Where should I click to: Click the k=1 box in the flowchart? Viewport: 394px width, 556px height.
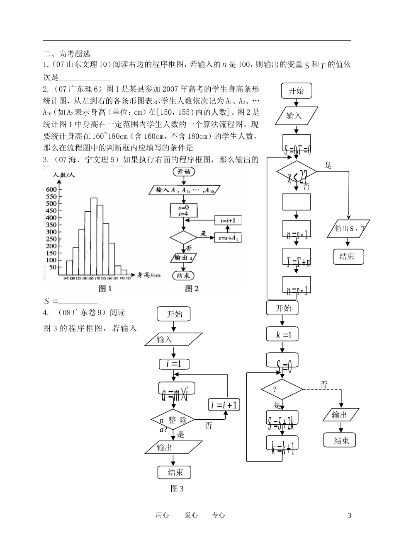point(282,335)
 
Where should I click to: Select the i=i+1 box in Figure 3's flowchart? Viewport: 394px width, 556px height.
point(224,405)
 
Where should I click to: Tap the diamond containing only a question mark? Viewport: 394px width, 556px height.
point(282,389)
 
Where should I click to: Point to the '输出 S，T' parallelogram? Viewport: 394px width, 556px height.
point(350,228)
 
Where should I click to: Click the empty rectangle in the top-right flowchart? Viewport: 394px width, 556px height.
point(297,202)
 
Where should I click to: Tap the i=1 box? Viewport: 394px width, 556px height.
point(174,364)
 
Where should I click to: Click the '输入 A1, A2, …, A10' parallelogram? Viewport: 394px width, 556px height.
point(184,190)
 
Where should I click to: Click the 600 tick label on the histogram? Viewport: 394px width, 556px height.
point(51,189)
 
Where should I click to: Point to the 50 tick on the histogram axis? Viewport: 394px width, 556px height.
point(53,267)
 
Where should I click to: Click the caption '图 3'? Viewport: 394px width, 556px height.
point(177,489)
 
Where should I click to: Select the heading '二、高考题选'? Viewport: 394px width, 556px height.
point(67,54)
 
